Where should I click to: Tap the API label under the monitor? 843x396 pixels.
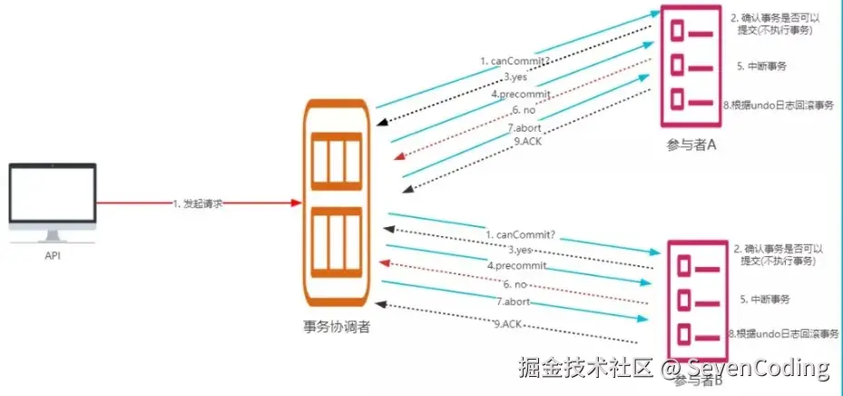pos(52,257)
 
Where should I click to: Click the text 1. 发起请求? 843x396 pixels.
pos(199,203)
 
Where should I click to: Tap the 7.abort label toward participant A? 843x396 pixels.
pos(524,127)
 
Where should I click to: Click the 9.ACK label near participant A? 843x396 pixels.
pos(525,141)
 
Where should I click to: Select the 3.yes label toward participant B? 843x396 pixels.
pos(520,249)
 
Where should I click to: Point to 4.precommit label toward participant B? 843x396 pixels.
pos(516,266)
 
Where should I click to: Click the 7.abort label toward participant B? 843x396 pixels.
pos(513,301)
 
